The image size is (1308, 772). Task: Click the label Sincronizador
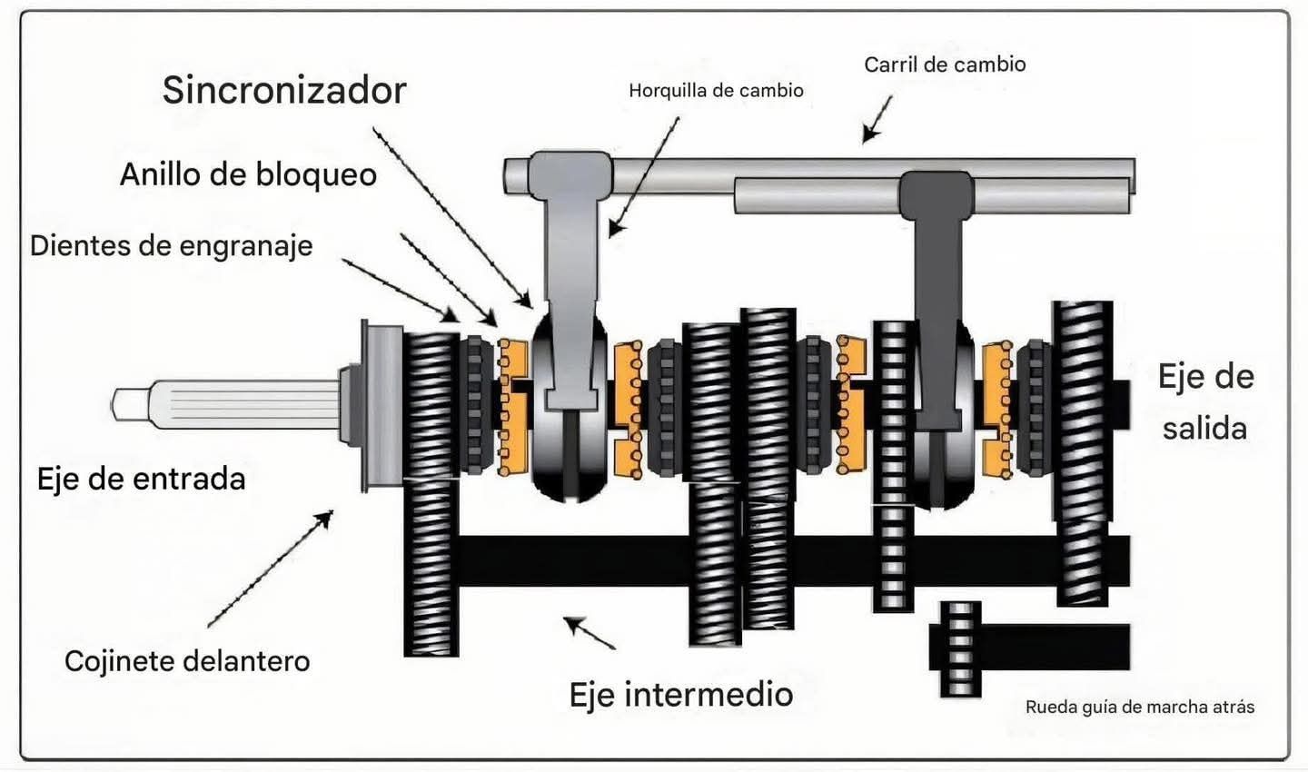click(x=284, y=90)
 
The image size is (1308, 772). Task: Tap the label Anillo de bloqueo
click(x=248, y=173)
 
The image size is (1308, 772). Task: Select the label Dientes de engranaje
click(x=171, y=245)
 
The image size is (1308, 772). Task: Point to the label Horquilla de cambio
click(x=716, y=90)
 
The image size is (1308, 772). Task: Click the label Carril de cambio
click(x=945, y=64)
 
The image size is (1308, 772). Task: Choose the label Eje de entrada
click(x=141, y=479)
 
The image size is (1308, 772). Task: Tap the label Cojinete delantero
click(x=187, y=660)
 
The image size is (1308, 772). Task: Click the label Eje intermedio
click(x=680, y=694)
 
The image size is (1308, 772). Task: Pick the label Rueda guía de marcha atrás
click(x=1140, y=707)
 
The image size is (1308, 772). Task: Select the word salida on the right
click(x=1204, y=428)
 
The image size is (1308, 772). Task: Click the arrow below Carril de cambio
click(x=877, y=119)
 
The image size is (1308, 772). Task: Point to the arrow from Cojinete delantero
click(x=271, y=569)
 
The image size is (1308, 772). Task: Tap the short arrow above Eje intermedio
click(x=589, y=632)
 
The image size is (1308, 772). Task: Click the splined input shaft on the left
click(x=227, y=405)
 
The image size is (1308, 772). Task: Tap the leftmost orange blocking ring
click(x=512, y=405)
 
